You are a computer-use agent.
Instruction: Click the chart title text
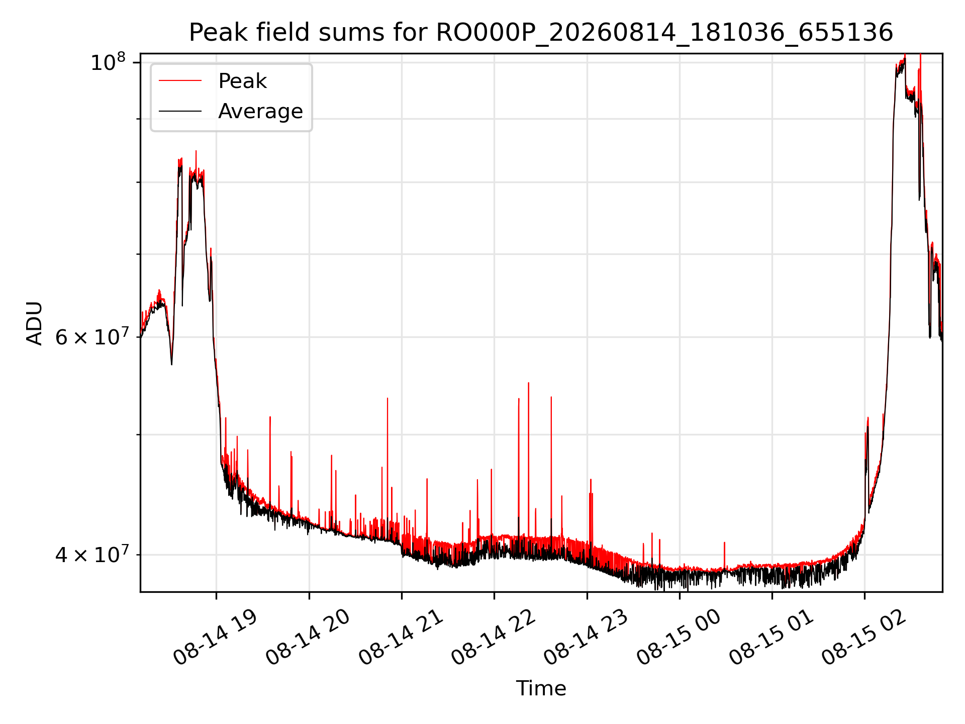tap(541, 33)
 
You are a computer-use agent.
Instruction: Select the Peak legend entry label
tap(242, 81)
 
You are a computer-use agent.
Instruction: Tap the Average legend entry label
tap(260, 111)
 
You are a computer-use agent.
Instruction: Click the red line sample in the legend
tap(180, 80)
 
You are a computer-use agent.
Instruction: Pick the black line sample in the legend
tap(180, 111)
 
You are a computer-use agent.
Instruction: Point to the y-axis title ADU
tap(35, 323)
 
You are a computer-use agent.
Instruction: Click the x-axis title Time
tap(541, 688)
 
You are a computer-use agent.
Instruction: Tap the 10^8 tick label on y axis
tap(108, 63)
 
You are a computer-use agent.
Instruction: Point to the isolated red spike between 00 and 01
tap(724, 556)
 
